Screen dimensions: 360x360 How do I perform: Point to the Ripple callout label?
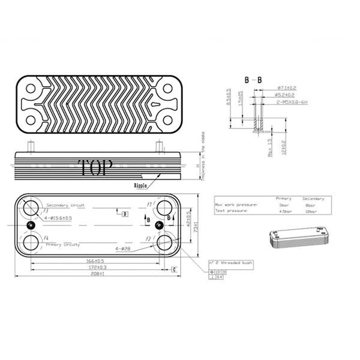(x=142, y=187)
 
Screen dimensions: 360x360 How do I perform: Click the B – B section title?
(x=251, y=80)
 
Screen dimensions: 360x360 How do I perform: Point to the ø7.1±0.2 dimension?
(x=281, y=88)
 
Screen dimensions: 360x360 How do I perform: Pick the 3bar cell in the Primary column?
(x=283, y=205)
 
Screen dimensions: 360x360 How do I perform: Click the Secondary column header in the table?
(x=313, y=198)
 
